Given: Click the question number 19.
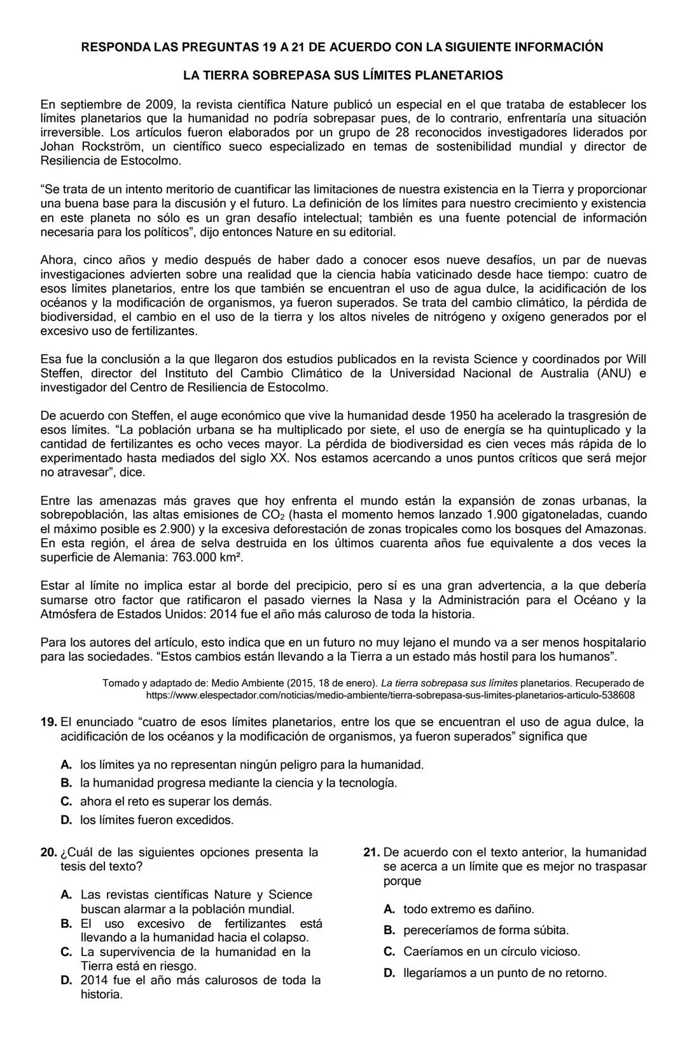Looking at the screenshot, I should click(48, 722).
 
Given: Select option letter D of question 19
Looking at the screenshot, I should click(66, 820).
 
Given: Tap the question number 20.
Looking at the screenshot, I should click(48, 852).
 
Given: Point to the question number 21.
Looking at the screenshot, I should click(371, 852).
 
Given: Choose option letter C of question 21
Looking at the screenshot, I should click(389, 951).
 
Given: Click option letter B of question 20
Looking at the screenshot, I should click(66, 923).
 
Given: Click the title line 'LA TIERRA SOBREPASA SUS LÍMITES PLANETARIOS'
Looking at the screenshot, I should click(343, 75).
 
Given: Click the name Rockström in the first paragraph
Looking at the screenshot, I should click(109, 147).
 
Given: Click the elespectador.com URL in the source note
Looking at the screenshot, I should click(390, 695).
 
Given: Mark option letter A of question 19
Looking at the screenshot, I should click(66, 764).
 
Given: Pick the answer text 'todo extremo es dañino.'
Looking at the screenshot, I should click(468, 909).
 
